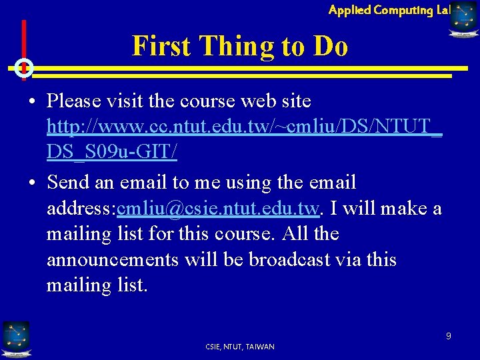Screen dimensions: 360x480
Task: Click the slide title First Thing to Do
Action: (x=240, y=46)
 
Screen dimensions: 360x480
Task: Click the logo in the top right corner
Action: (x=463, y=19)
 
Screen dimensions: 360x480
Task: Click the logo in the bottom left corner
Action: (x=16, y=337)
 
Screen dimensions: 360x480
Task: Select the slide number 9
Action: (x=449, y=336)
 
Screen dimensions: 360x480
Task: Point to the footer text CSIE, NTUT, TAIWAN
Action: (x=240, y=347)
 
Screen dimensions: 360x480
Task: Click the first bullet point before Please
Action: (x=32, y=102)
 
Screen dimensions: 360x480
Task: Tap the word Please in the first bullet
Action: (x=73, y=101)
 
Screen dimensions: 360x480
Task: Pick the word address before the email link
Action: (x=79, y=209)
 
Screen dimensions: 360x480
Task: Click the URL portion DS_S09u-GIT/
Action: (x=112, y=153)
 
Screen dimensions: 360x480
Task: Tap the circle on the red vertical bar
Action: (x=23, y=67)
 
